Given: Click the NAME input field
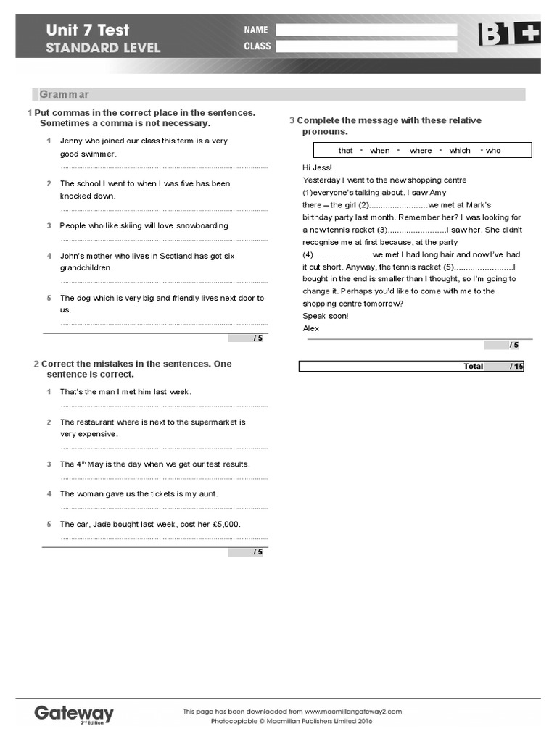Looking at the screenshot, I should (366, 30).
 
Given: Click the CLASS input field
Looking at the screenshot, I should (366, 46).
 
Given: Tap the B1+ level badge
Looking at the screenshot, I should (508, 34).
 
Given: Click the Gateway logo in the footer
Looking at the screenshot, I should (74, 714).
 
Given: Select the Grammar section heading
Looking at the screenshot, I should (65, 95).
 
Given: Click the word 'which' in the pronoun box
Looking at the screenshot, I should (460, 151).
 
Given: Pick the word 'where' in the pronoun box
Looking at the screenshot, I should (420, 151).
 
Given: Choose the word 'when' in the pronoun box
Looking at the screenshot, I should (379, 151).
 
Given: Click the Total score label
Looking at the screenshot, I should (473, 367).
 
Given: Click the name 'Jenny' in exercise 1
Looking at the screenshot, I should (71, 141).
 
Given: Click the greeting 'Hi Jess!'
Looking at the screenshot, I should (317, 167).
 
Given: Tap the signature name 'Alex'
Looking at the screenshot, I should (310, 328).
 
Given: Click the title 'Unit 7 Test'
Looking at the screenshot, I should (87, 30).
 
